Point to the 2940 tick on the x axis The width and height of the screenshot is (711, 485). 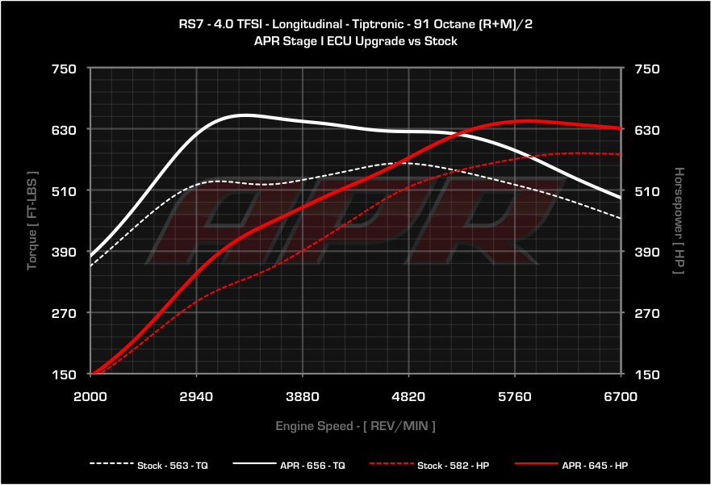tap(196, 396)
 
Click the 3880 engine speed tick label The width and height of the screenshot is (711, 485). tap(302, 396)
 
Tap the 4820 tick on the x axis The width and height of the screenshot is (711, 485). tap(408, 396)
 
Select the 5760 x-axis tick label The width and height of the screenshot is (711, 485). tap(515, 396)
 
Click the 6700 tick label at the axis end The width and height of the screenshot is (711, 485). tap(621, 396)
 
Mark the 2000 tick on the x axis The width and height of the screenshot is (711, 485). tap(90, 396)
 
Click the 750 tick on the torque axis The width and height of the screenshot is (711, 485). tap(64, 69)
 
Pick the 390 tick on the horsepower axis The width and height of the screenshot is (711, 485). tap(648, 252)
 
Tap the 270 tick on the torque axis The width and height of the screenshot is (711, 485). tap(64, 313)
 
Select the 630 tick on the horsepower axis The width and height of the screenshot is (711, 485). tap(648, 130)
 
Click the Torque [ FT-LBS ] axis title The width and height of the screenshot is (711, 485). tap(33, 220)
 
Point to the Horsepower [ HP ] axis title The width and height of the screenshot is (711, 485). tap(679, 220)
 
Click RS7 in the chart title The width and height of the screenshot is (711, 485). tap(191, 24)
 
